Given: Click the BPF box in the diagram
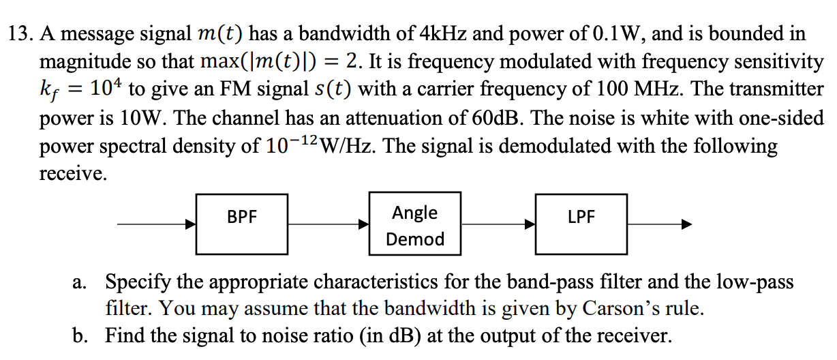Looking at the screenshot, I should click(242, 218).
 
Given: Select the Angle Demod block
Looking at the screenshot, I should click(414, 224).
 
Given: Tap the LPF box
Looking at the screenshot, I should click(581, 218).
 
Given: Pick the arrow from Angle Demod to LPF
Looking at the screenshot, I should click(498, 224).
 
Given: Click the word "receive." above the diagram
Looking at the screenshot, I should click(72, 175).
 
